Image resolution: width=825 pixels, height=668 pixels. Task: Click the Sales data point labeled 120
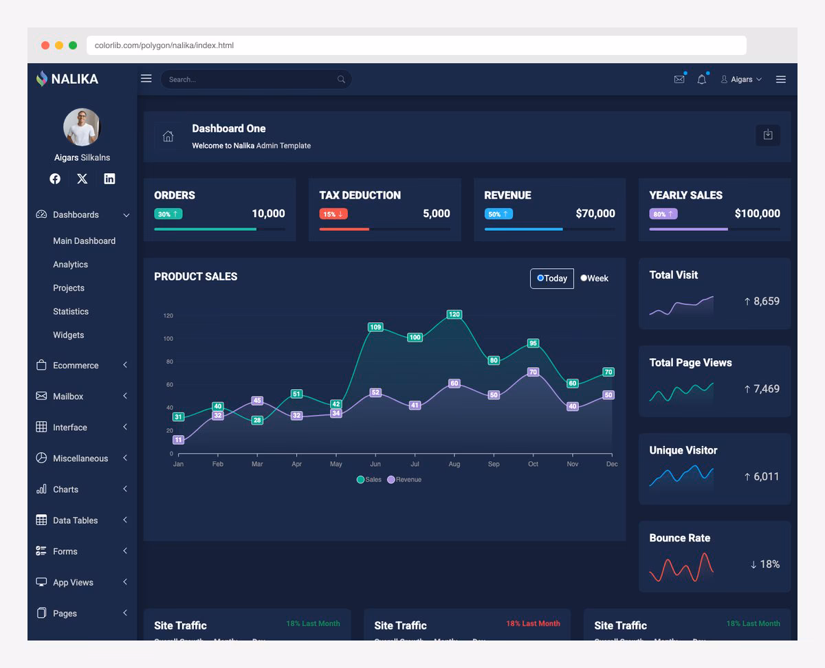pos(454,314)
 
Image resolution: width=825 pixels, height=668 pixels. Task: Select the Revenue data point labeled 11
pos(178,440)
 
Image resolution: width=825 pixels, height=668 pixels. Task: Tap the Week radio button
pos(584,278)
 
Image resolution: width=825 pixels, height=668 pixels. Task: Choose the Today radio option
pos(540,278)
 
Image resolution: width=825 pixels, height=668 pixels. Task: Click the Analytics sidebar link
pos(70,265)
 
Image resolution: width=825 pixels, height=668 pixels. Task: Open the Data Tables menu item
pos(75,520)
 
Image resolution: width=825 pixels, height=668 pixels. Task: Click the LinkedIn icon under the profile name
pos(109,179)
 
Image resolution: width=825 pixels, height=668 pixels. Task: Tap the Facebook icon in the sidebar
pos(55,179)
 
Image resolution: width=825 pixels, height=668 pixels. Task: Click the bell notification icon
pos(701,79)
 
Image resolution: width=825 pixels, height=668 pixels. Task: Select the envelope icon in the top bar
pos(679,79)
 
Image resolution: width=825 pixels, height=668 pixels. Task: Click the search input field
pos(251,79)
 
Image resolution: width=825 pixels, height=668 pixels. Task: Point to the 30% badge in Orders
pos(168,214)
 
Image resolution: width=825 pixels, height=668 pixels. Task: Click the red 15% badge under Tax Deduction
pos(333,214)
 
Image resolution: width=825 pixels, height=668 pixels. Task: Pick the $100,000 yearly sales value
pos(757,214)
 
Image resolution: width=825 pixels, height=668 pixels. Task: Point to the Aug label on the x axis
pos(454,465)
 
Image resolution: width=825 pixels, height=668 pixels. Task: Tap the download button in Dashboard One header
pos(768,135)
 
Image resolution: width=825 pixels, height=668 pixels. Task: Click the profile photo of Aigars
pos(82,127)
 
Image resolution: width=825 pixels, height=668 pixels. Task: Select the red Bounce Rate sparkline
pos(681,567)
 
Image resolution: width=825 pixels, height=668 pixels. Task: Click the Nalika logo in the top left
pos(67,79)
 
